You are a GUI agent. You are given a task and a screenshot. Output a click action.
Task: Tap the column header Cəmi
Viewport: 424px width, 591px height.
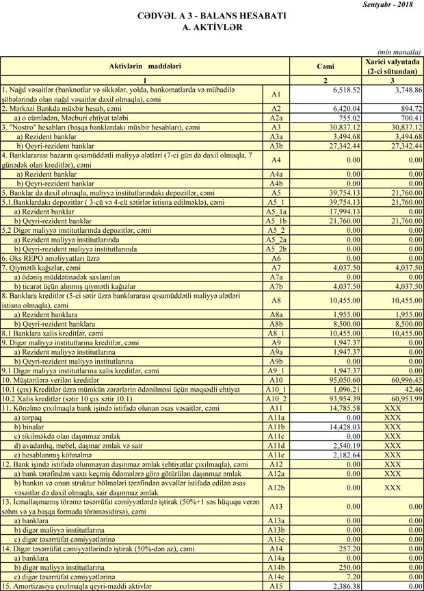(326, 66)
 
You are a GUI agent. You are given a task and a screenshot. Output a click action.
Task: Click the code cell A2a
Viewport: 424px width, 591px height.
(276, 117)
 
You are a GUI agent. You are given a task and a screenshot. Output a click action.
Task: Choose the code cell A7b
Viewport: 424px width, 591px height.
(276, 286)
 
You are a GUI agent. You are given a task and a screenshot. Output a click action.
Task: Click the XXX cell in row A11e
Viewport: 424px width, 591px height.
(393, 454)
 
